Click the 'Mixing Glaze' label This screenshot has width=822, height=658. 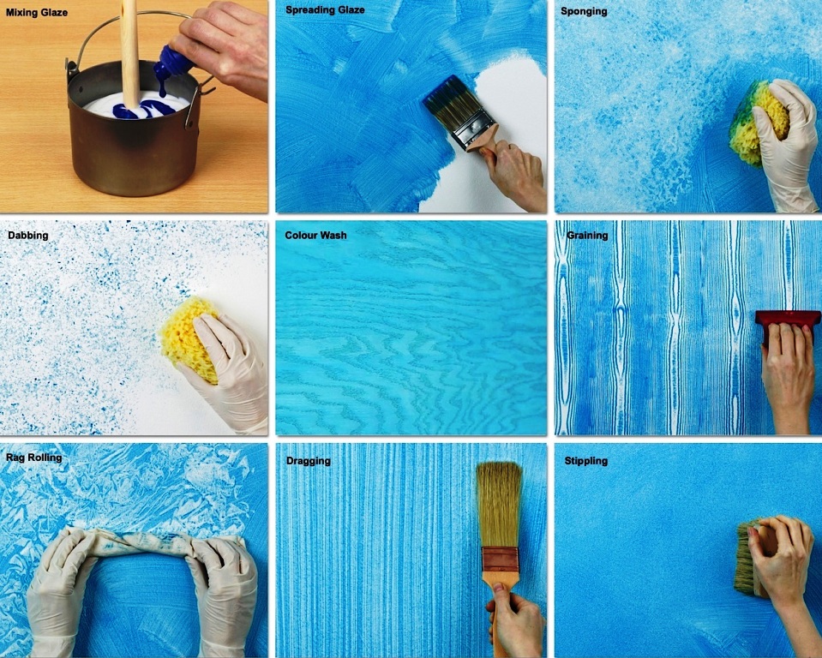(x=37, y=12)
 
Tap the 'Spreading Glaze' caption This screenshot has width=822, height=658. (x=325, y=10)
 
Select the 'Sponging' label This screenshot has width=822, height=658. (x=584, y=11)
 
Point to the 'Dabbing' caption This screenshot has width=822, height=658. (x=27, y=236)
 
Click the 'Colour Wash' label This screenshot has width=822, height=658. (x=315, y=236)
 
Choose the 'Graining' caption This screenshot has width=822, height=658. (x=587, y=236)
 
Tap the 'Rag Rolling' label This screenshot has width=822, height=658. (x=33, y=458)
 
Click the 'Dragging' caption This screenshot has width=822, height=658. (x=309, y=461)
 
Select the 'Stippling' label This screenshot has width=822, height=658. (x=586, y=461)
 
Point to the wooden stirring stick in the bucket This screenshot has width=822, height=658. (x=130, y=52)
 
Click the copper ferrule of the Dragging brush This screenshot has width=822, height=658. (x=500, y=560)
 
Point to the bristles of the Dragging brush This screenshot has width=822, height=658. (x=499, y=504)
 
